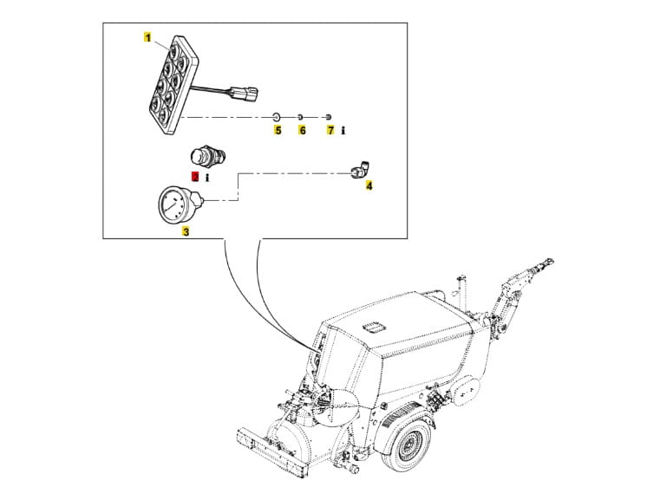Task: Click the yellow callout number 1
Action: point(148,38)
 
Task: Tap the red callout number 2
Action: point(196,175)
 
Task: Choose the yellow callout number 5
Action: point(278,130)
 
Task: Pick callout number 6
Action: point(303,130)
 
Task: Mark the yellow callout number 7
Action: point(330,130)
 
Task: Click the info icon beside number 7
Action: point(344,130)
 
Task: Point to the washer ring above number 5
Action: point(277,116)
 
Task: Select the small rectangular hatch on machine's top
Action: point(376,327)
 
